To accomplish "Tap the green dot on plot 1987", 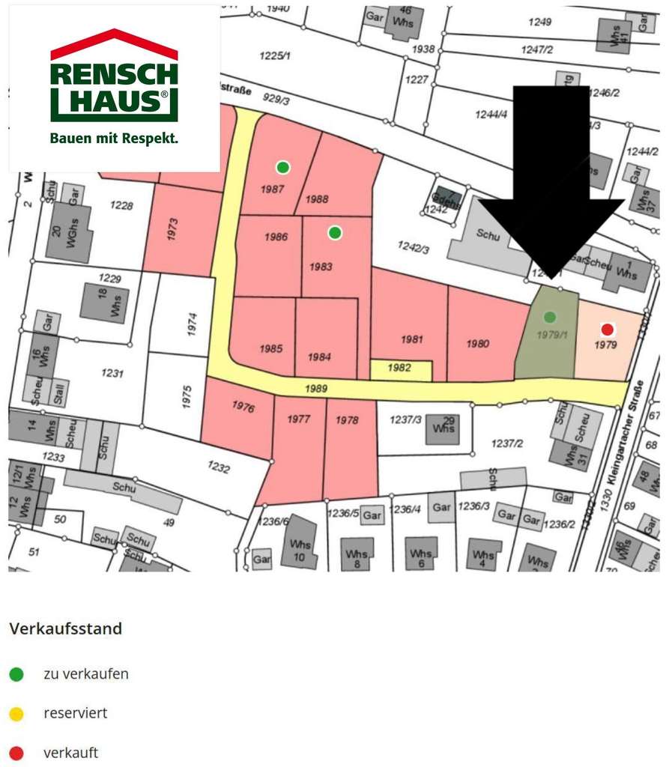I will point(282,167).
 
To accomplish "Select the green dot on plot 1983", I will point(335,233).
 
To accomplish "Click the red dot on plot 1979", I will point(608,329).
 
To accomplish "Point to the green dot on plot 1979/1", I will point(550,317).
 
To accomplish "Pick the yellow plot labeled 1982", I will point(401,369).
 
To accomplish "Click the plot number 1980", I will point(477,344).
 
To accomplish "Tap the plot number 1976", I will point(243,407).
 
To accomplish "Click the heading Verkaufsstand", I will point(66,628).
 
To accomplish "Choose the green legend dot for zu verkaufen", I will point(16,674).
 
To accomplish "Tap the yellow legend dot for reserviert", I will point(16,714).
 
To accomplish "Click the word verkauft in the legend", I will point(70,753).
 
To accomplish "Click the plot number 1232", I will point(219,467).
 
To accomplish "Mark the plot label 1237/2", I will point(507,443).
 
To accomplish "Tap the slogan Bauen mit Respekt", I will point(114,139).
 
